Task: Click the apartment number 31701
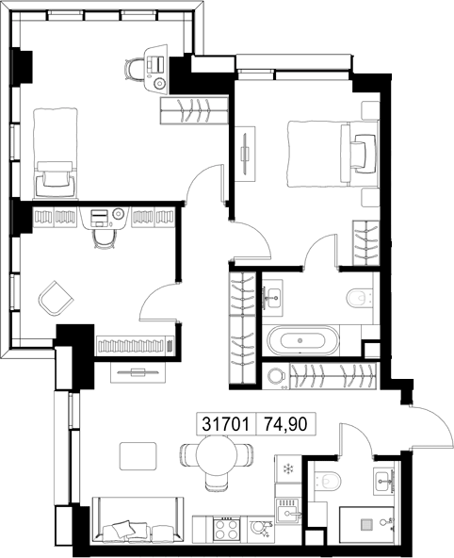pyautogui.click(x=226, y=424)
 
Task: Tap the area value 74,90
pyautogui.click(x=285, y=424)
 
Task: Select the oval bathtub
pyautogui.click(x=303, y=340)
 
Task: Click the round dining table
pyautogui.click(x=217, y=455)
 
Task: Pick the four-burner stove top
pyautogui.click(x=226, y=530)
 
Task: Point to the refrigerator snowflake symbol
pyautogui.click(x=287, y=469)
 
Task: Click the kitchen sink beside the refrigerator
pyautogui.click(x=288, y=511)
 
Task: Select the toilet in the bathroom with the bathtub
pyautogui.click(x=360, y=298)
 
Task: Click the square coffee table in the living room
pyautogui.click(x=138, y=456)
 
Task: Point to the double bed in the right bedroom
pyautogui.click(x=333, y=154)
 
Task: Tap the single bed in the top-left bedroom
pyautogui.click(x=56, y=153)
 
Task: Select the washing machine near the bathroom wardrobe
pyautogui.click(x=276, y=375)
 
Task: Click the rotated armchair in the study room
pyautogui.click(x=56, y=298)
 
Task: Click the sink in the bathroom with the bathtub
pyautogui.click(x=273, y=298)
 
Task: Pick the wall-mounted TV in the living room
pyautogui.click(x=138, y=372)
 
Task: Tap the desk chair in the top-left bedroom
pyautogui.click(x=134, y=70)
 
